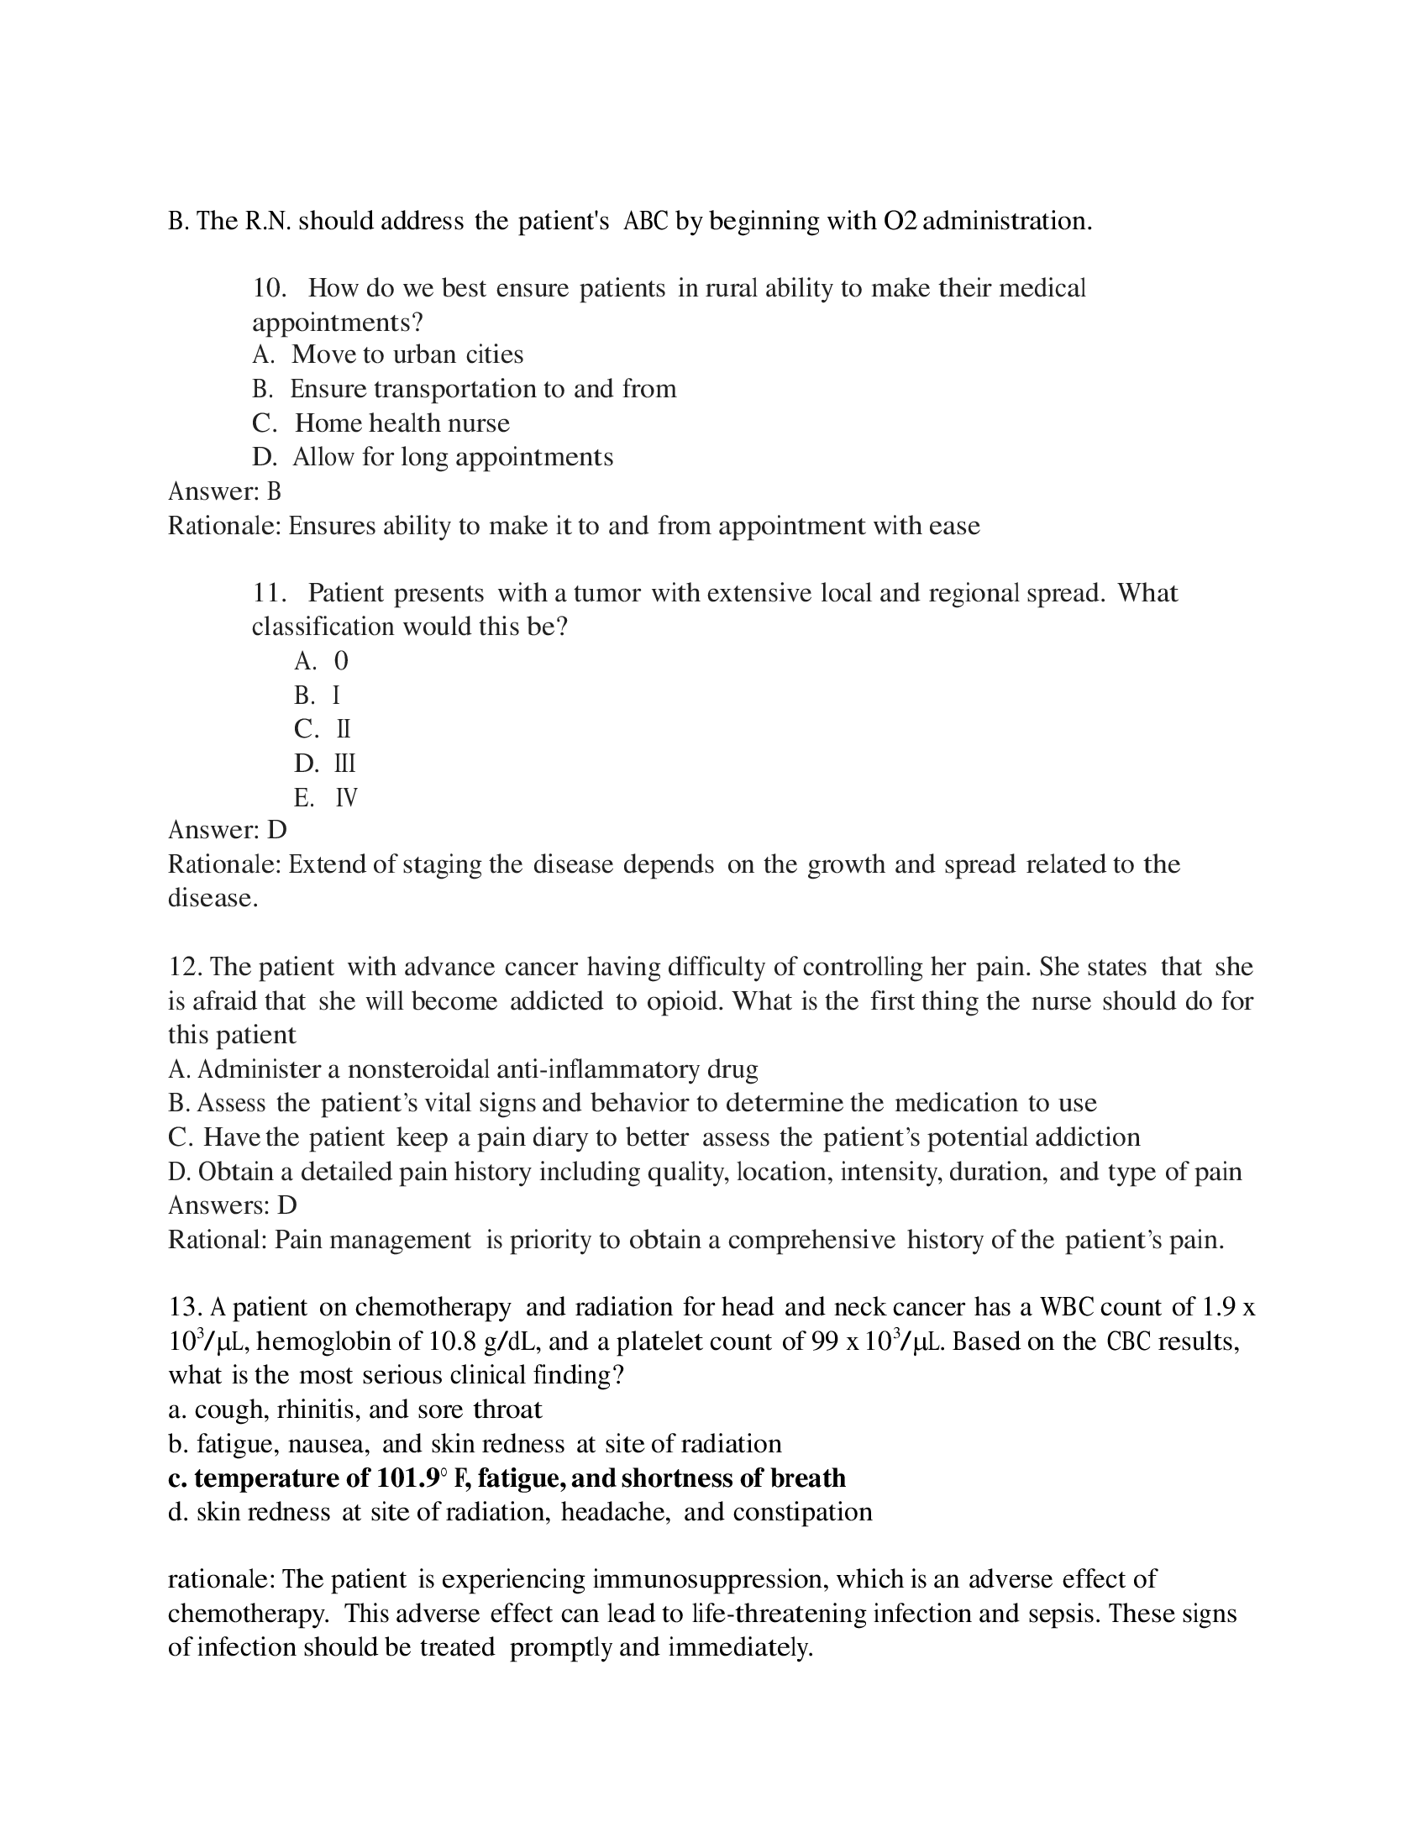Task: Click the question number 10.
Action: click(x=268, y=287)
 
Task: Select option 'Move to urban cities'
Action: click(x=407, y=354)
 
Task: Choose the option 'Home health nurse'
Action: click(x=402, y=423)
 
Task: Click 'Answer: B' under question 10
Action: click(x=224, y=491)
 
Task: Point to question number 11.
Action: click(x=268, y=592)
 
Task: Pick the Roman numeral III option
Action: click(x=345, y=764)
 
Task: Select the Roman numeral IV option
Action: click(x=346, y=798)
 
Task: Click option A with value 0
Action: click(x=341, y=660)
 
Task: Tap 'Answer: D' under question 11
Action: click(x=227, y=829)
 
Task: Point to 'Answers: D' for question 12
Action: click(x=232, y=1205)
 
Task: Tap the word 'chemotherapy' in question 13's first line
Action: click(x=433, y=1307)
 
